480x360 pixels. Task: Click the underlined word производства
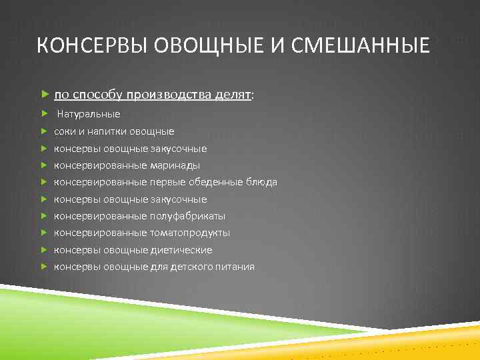170,95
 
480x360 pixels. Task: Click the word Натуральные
88,115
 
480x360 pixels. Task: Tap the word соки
64,132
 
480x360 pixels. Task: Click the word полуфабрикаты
188,216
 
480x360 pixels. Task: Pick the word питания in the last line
235,267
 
